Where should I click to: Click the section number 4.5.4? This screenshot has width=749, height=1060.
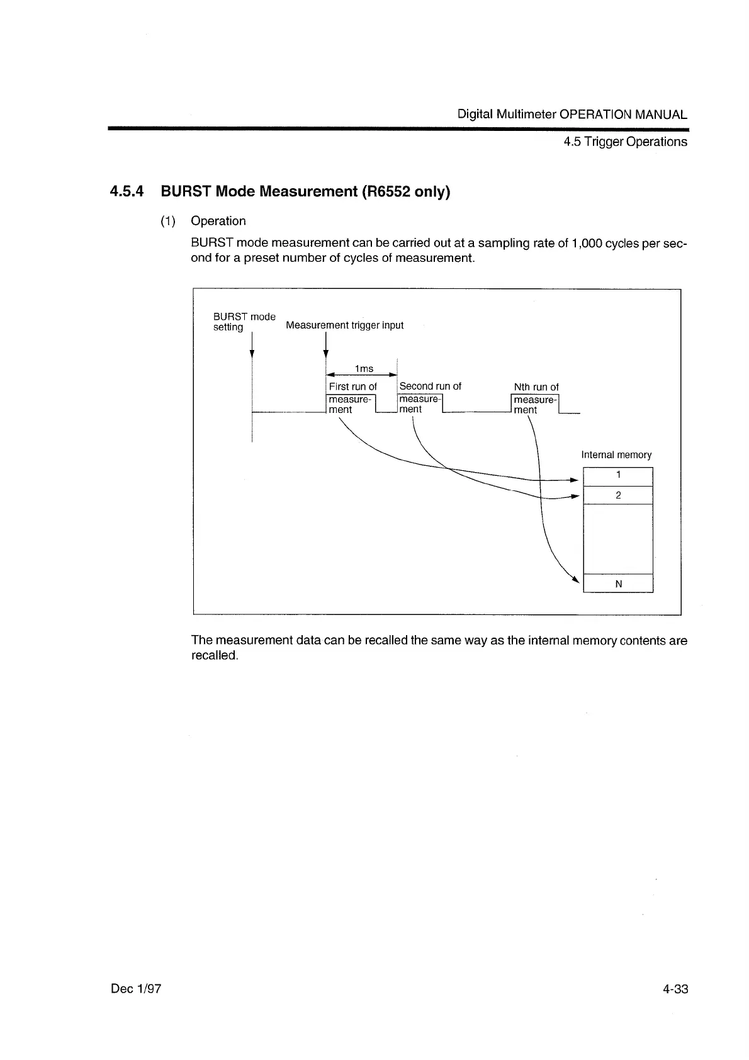tap(127, 191)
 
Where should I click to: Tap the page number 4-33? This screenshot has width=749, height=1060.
tap(675, 988)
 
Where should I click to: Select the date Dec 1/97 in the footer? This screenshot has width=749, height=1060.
tap(136, 988)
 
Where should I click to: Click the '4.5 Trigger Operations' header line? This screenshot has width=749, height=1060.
tap(625, 142)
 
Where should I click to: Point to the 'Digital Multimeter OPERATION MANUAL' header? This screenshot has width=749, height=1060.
tap(572, 115)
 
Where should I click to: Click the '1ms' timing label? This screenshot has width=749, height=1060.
tap(364, 368)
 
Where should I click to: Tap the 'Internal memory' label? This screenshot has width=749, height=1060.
tap(616, 454)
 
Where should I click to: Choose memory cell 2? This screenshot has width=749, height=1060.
tap(618, 495)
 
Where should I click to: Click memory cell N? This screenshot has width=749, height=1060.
tap(618, 584)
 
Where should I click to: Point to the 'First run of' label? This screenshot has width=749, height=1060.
tap(352, 386)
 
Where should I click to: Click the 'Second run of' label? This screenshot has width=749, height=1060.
tap(430, 386)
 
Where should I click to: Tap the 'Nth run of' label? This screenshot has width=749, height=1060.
tap(536, 387)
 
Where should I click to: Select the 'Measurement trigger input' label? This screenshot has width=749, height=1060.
tap(344, 325)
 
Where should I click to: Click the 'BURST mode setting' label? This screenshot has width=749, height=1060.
tap(244, 322)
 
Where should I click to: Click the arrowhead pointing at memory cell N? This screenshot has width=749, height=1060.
tap(575, 580)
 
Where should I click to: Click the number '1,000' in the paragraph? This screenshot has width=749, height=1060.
tap(587, 243)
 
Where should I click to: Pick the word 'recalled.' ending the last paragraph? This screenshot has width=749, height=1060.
tap(215, 655)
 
